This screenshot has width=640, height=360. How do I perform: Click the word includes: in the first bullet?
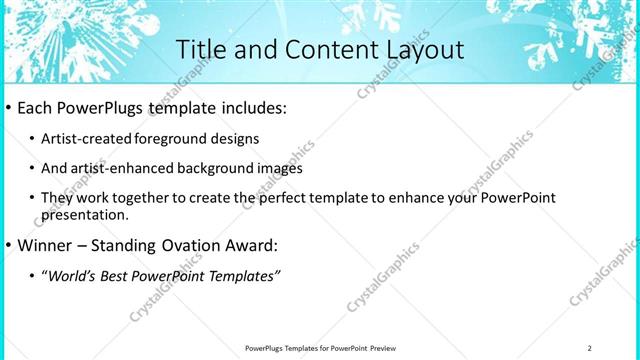coord(251,108)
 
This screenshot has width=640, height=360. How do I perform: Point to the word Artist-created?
coord(80,139)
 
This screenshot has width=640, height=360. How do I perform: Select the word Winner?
coord(43,245)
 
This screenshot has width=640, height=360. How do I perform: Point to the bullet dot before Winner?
coord(8,245)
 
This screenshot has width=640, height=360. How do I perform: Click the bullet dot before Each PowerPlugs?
coord(8,108)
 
